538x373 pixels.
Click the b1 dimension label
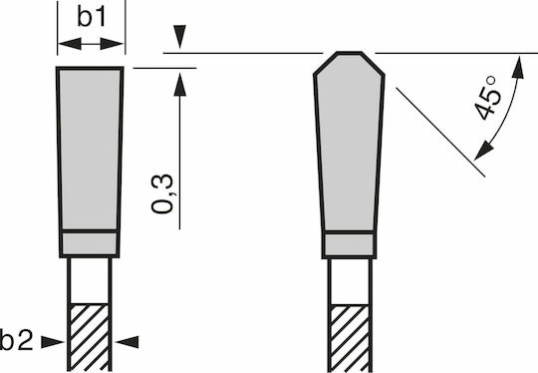pyautogui.click(x=91, y=17)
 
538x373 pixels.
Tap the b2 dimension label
pyautogui.click(x=17, y=340)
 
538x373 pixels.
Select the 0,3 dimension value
pyautogui.click(x=162, y=194)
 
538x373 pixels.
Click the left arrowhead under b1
pyautogui.click(x=70, y=44)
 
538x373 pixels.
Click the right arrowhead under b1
pyautogui.click(x=112, y=44)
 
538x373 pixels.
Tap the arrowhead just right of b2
pyautogui.click(x=53, y=342)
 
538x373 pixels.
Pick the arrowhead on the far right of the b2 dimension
pyautogui.click(x=127, y=342)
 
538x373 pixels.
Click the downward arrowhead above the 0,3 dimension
pyautogui.click(x=179, y=37)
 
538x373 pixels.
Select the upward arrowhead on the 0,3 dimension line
pyautogui.click(x=179, y=85)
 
